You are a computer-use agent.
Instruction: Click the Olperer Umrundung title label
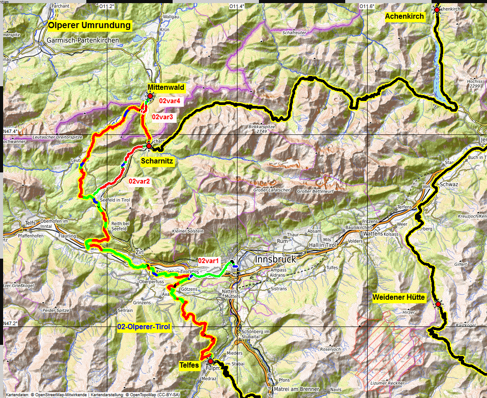point(89,25)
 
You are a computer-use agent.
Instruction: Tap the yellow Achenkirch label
point(404,16)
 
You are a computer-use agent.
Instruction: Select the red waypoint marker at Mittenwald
point(150,95)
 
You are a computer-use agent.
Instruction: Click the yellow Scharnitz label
point(157,160)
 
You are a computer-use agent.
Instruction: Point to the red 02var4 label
point(169,101)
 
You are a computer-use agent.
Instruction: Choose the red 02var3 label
point(163,117)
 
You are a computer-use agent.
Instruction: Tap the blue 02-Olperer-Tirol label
point(144,327)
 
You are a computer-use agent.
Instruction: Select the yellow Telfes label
point(189,365)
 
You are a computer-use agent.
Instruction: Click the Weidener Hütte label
point(399,297)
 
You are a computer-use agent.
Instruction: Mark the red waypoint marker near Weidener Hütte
point(438,304)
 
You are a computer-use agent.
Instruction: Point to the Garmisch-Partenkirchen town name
point(83,40)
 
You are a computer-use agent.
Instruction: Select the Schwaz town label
point(449,184)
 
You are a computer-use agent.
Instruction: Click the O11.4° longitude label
point(236,6)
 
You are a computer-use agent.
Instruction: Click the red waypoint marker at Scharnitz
point(149,146)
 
